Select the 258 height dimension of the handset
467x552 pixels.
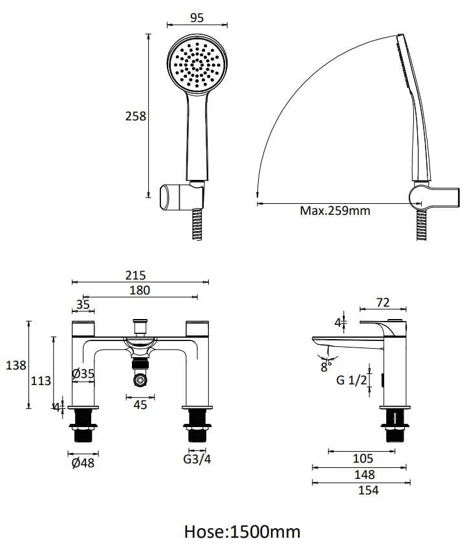pyautogui.click(x=135, y=116)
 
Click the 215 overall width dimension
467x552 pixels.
pyautogui.click(x=140, y=275)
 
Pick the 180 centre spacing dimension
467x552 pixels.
pyautogui.click(x=140, y=291)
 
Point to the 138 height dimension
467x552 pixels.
pyautogui.click(x=16, y=366)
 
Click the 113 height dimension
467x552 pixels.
pyautogui.click(x=41, y=381)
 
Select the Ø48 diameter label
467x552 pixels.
pyautogui.click(x=83, y=463)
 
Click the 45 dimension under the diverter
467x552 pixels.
pyautogui.click(x=140, y=404)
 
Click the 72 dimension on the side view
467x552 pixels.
pyautogui.click(x=384, y=303)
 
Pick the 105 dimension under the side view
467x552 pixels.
pyautogui.click(x=363, y=459)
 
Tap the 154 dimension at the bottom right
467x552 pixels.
pyautogui.click(x=363, y=491)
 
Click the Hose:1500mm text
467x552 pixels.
pyautogui.click(x=243, y=532)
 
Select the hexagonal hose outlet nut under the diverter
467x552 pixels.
pyautogui.click(x=140, y=381)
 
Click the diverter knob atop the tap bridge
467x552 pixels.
pyautogui.click(x=140, y=324)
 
